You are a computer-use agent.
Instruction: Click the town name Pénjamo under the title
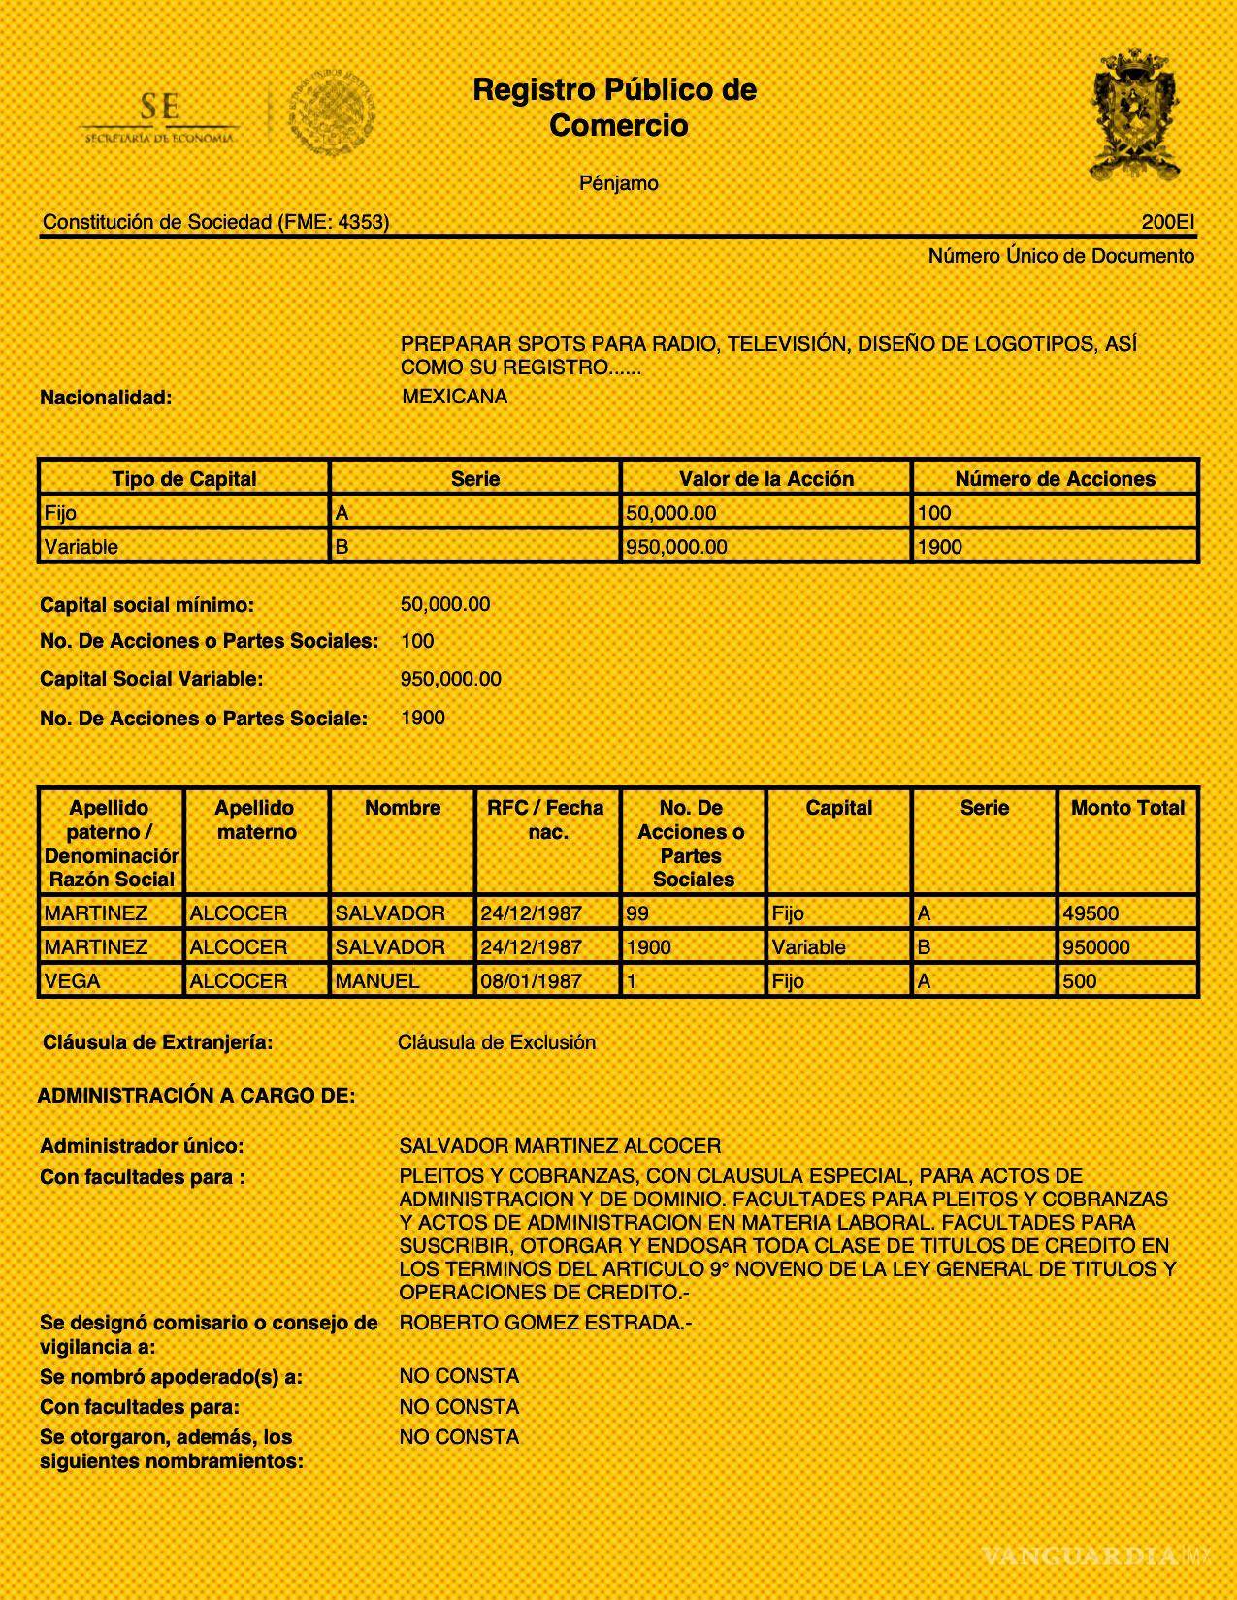618,183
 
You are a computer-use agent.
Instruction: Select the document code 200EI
1167,222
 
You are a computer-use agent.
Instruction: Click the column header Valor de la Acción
765,479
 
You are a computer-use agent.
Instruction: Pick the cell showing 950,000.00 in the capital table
676,547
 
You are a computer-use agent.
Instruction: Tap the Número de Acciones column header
1055,479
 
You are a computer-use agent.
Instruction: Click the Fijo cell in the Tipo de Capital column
61,513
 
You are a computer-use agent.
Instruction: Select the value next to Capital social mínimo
445,604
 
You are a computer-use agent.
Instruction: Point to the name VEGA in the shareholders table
73,981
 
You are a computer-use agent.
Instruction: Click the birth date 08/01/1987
531,981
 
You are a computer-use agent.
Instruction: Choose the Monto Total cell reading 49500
1091,913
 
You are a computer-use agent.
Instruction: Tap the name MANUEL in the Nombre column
377,981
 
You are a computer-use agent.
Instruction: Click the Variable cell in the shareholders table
808,947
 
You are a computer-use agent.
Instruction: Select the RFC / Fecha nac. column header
546,819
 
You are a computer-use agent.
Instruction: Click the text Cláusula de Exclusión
497,1042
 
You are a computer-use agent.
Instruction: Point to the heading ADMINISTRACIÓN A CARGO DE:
196,1096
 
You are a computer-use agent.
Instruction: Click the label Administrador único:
142,1146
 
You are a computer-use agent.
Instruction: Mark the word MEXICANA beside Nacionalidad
454,396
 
